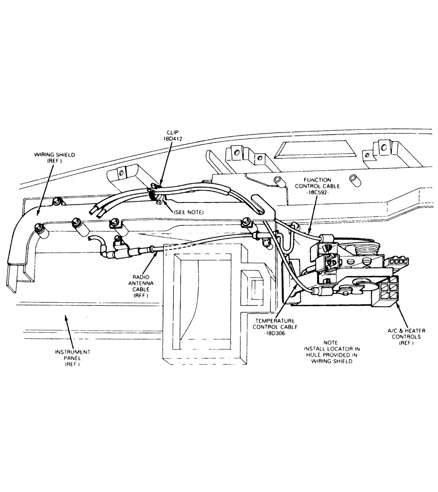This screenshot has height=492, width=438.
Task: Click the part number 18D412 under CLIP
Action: (x=172, y=139)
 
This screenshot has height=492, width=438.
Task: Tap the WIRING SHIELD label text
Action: (x=54, y=155)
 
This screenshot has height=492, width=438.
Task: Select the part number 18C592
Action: (x=317, y=192)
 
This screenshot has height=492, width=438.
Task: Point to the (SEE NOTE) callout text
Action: (x=189, y=212)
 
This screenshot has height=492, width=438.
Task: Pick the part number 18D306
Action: (x=275, y=333)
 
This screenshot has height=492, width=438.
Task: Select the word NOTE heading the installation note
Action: (x=330, y=342)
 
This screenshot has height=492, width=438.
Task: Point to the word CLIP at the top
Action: (x=173, y=132)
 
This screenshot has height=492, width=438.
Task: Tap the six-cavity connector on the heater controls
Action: (x=388, y=291)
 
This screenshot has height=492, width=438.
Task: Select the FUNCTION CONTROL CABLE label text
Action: (x=317, y=183)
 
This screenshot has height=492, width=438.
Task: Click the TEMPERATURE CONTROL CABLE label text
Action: (x=275, y=324)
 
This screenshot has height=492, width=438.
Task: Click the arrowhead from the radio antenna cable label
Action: (x=156, y=254)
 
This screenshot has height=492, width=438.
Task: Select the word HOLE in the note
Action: (x=313, y=355)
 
